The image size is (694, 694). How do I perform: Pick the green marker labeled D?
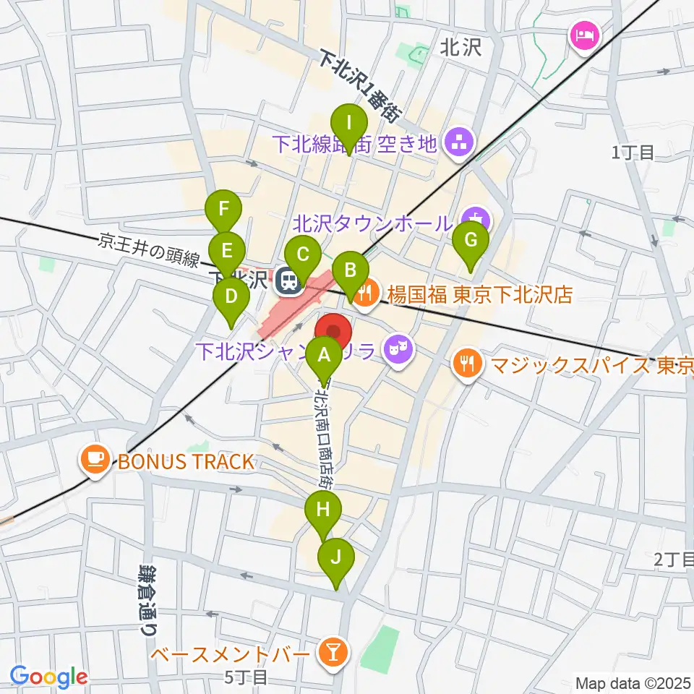pos(231,297)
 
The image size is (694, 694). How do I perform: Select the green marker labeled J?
pos(335,559)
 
